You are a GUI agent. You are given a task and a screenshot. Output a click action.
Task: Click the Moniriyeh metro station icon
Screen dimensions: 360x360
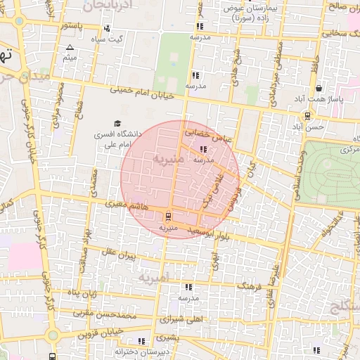pos(167,216)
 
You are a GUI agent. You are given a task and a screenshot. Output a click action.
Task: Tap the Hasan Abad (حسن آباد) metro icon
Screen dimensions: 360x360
pos(307,116)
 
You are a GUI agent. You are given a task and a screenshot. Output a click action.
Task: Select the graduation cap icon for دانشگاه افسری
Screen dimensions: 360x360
pos(117,124)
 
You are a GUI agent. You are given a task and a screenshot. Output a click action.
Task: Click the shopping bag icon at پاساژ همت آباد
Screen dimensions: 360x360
pos(320,89)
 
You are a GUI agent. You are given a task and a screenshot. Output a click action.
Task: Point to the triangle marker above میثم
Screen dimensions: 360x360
pos(69,48)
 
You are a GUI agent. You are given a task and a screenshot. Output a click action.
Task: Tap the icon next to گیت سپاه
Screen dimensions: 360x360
pos(106,29)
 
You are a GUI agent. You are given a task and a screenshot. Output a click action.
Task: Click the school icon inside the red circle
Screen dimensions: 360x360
pos(203,149)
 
